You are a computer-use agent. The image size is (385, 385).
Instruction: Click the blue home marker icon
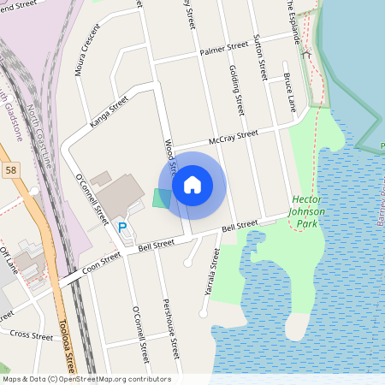(192, 184)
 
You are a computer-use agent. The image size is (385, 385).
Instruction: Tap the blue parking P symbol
(122, 227)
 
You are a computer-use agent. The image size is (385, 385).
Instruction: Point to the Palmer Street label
(216, 51)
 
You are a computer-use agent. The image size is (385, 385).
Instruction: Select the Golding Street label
(234, 91)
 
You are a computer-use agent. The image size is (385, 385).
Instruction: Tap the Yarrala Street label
(207, 273)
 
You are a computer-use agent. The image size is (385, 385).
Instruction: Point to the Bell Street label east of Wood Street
(240, 226)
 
